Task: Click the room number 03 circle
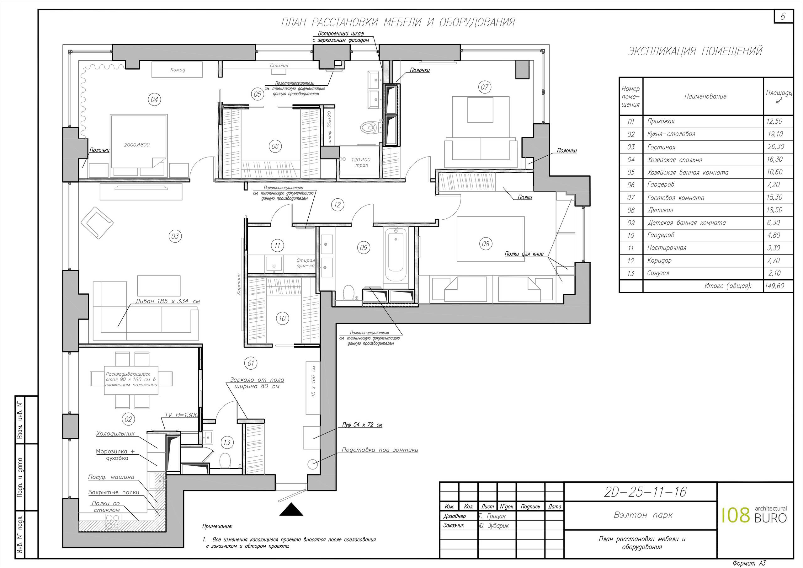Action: click(175, 236)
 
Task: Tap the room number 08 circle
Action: click(486, 244)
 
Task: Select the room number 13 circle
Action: click(227, 442)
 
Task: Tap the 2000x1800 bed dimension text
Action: click(137, 145)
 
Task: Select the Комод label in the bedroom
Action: click(178, 70)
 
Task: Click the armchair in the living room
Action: click(97, 222)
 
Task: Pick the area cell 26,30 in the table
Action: click(776, 147)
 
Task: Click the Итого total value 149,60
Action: click(774, 286)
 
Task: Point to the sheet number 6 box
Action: click(782, 16)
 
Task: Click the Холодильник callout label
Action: click(115, 434)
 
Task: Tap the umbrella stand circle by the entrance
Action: click(312, 464)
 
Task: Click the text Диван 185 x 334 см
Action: click(168, 301)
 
